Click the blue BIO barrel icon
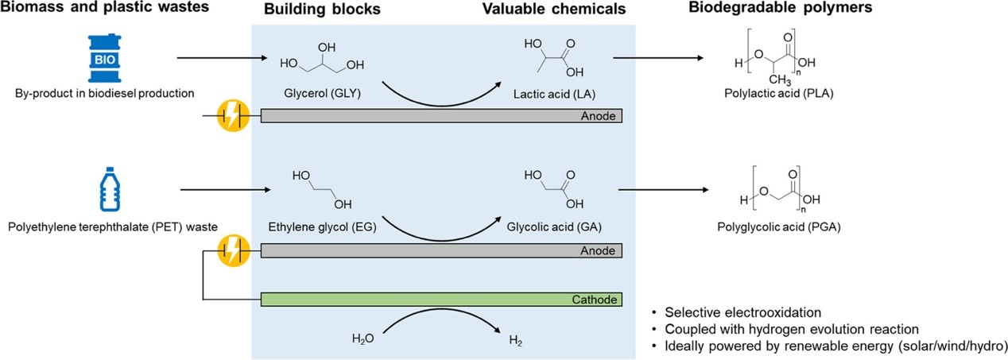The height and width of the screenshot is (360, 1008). coord(104,58)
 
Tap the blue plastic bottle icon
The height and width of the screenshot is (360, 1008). coord(110,189)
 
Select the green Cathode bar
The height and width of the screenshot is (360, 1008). coord(441,300)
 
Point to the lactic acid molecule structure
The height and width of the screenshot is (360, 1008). coord(554,58)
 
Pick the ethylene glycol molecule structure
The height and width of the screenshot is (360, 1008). coord(322,189)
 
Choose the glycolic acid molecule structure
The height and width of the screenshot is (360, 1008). coord(554,189)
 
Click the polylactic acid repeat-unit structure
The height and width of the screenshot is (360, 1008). coord(777,57)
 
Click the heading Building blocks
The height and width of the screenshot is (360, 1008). coord(322,9)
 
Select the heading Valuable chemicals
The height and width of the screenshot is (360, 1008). coord(554,9)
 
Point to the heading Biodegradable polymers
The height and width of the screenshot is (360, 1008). coord(781,8)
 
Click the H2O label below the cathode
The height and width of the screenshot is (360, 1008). coord(363,339)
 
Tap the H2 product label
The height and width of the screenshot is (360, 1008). coord(516,341)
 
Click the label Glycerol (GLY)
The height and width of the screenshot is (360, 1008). coord(322,94)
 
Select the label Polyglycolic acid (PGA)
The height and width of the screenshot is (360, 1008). coord(779,226)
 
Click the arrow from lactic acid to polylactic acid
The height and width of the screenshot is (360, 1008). coord(658,58)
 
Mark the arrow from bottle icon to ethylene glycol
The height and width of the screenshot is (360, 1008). coord(226,190)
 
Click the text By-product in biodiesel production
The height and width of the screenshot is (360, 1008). coord(105,94)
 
